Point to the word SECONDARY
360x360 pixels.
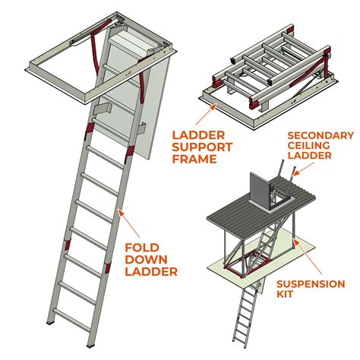tap(320, 136)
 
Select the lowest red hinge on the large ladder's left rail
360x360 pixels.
tap(66, 248)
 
